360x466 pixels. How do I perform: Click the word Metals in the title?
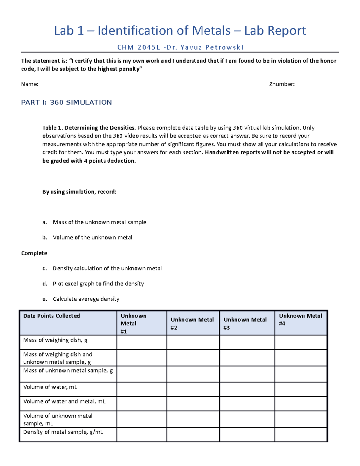211,31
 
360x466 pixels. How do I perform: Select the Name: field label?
30,84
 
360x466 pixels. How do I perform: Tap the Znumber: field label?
282,84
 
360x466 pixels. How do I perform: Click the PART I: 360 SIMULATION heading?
66,103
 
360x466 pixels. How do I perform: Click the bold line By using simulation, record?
79,192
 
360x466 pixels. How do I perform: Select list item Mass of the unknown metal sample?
99,222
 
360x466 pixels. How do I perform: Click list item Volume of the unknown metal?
92,238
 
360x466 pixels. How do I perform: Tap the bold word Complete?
34,253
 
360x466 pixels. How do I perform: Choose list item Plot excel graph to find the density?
98,284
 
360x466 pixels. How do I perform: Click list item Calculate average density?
86,299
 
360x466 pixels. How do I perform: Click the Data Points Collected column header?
52,316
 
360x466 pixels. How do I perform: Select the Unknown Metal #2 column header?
192,323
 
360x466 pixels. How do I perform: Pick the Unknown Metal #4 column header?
300,320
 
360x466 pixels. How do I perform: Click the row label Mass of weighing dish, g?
55,340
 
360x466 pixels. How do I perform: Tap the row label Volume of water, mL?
50,387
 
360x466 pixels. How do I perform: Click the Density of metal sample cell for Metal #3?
247,434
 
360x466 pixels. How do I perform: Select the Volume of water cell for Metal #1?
142,389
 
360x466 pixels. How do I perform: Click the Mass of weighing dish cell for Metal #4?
301,342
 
